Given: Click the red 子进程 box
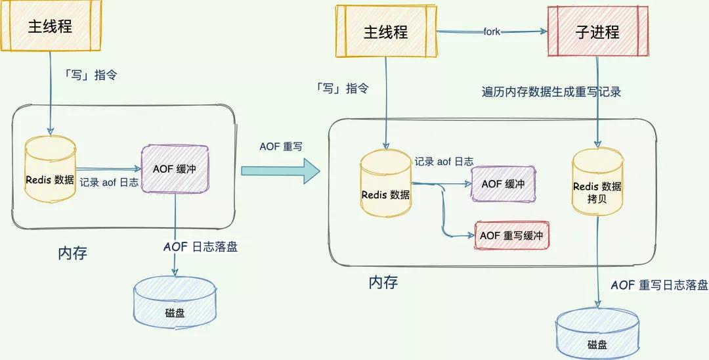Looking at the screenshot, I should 597,32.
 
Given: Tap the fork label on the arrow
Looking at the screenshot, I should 492,32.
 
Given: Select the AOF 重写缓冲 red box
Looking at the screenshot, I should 511,235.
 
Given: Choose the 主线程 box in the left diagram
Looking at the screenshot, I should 49,26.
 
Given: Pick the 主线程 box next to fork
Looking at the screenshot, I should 386,32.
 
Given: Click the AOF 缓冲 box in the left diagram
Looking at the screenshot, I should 175,169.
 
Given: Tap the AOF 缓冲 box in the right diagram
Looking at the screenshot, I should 503,184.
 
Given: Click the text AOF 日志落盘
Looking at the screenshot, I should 201,247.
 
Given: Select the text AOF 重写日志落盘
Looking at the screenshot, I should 659,285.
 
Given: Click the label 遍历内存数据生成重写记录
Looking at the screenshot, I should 551,92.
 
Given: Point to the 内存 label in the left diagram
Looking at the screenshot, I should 72,253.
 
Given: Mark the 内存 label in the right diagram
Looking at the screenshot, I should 383,282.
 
